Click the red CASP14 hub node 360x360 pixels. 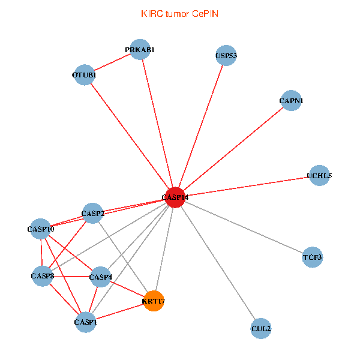tap(175, 197)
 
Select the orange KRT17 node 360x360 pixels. tap(154, 301)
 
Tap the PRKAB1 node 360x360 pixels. tap(140, 50)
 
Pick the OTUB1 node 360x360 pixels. tap(85, 75)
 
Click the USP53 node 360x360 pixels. tap(226, 56)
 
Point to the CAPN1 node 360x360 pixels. tap(291, 101)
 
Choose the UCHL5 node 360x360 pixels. tap(319, 176)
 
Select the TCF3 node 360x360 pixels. tap(313, 257)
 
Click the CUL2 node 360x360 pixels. tap(261, 328)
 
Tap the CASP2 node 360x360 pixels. tap(93, 213)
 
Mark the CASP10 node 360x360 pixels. tap(41, 229)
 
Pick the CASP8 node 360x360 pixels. tap(41, 276)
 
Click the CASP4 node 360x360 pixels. tap(100, 277)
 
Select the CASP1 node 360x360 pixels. tap(85, 322)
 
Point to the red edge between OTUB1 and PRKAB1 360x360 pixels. tap(112, 63)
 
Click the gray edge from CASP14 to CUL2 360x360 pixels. tap(218, 263)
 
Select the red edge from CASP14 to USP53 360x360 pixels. tap(200, 127)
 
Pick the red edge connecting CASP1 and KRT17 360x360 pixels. tap(119, 311)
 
